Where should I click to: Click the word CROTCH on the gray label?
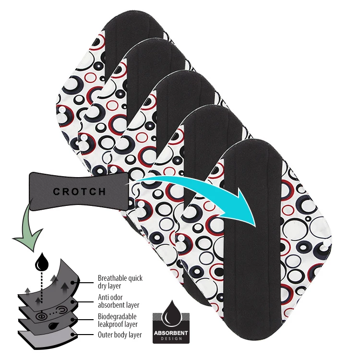[x=80, y=192]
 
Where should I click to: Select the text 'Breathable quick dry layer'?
[x=120, y=282]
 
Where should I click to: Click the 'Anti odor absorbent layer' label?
[x=119, y=301]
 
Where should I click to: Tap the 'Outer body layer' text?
[x=120, y=335]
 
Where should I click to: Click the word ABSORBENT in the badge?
[x=171, y=332]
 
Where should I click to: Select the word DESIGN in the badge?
[x=171, y=337]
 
